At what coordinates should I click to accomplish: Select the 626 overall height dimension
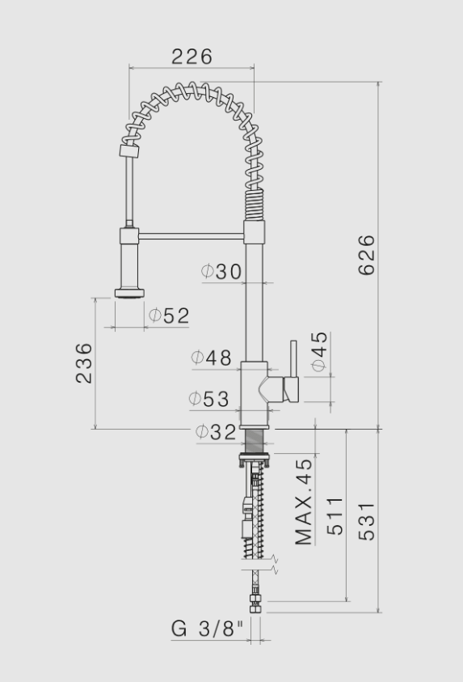tap(366, 255)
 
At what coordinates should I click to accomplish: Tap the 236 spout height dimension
tap(84, 363)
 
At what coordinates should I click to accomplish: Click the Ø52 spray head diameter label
tap(169, 316)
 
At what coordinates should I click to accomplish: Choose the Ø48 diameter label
tap(211, 358)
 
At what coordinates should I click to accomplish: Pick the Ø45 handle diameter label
tap(318, 352)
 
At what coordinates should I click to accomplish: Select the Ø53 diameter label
tap(208, 399)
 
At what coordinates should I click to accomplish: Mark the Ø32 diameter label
tap(216, 432)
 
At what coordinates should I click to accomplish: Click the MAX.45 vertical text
tap(303, 502)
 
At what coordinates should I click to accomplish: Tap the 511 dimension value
tap(335, 517)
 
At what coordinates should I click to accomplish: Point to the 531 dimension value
tap(366, 522)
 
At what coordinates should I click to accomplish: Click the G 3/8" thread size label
tap(207, 628)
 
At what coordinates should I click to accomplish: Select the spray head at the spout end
tap(129, 292)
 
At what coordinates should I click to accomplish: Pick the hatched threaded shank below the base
tap(255, 442)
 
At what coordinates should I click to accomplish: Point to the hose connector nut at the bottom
tap(255, 604)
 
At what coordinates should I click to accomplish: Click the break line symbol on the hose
tap(275, 563)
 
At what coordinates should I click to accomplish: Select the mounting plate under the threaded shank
tap(255, 460)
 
